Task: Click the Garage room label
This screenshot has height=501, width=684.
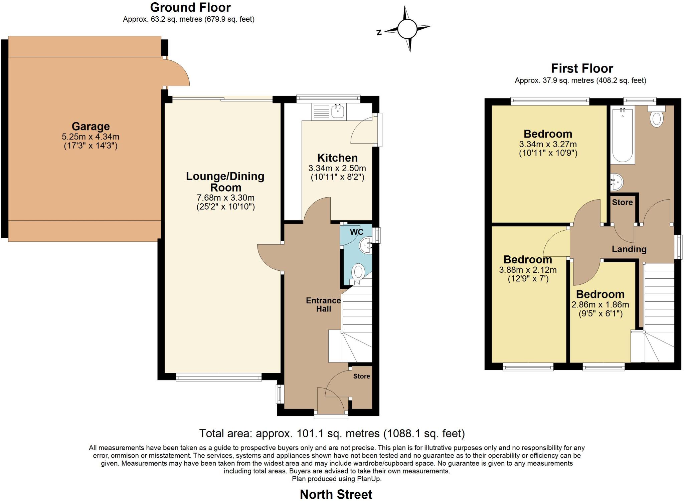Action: pyautogui.click(x=91, y=127)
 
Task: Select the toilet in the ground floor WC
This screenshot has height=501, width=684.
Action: pyautogui.click(x=358, y=272)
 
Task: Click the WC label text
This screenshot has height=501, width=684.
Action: pyautogui.click(x=356, y=232)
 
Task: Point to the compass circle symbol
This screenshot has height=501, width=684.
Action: pyautogui.click(x=407, y=29)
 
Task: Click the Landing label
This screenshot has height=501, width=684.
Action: pyautogui.click(x=629, y=249)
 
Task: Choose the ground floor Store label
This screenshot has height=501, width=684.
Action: pyautogui.click(x=361, y=376)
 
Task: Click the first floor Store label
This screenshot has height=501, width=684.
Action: pyautogui.click(x=622, y=202)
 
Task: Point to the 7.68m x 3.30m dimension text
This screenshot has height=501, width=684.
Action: pyautogui.click(x=225, y=198)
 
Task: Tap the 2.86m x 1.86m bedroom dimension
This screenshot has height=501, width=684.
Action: pyautogui.click(x=600, y=305)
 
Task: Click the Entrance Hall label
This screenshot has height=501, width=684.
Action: pyautogui.click(x=323, y=304)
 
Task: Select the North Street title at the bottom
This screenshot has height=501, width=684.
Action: pyautogui.click(x=336, y=494)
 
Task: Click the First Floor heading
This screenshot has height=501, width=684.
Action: pyautogui.click(x=582, y=68)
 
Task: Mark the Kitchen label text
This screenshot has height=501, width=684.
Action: pyautogui.click(x=337, y=158)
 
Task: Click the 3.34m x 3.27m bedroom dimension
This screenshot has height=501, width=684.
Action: pyautogui.click(x=548, y=144)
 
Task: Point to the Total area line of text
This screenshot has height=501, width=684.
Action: pyautogui.click(x=332, y=434)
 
